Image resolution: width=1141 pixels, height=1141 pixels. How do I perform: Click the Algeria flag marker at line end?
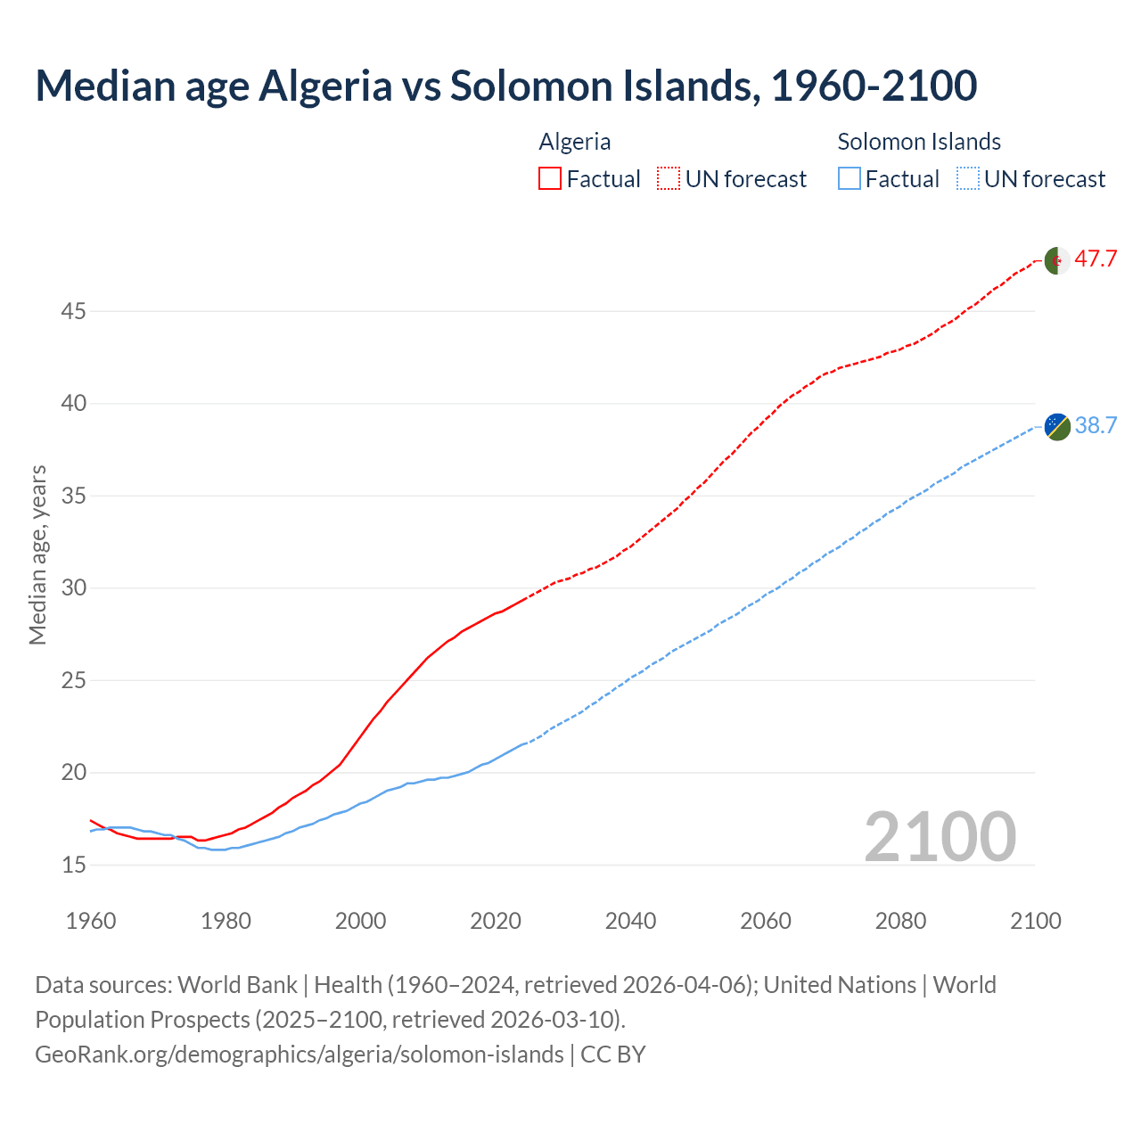(x=1056, y=261)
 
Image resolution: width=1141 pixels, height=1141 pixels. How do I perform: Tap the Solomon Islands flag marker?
(x=1056, y=426)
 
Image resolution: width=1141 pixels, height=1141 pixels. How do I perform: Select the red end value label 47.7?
(x=1096, y=259)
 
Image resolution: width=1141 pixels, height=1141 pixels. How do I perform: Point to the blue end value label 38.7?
(x=1096, y=425)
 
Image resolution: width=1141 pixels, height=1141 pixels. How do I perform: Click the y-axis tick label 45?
(x=73, y=311)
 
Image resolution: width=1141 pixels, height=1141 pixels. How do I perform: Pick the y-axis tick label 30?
(x=73, y=587)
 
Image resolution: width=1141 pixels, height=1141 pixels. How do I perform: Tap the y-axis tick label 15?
(x=73, y=865)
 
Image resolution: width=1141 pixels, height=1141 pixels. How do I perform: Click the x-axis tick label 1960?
(x=91, y=921)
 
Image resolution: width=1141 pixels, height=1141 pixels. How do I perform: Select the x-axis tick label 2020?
(x=496, y=921)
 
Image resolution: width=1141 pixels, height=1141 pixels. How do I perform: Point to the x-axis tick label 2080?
(x=900, y=921)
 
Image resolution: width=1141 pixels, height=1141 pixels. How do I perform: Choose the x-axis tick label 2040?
(x=630, y=921)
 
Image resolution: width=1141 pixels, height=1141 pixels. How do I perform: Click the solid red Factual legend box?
(x=550, y=179)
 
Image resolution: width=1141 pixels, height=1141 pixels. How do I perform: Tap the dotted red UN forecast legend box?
(x=669, y=179)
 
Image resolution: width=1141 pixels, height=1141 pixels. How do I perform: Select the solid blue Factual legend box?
(x=850, y=179)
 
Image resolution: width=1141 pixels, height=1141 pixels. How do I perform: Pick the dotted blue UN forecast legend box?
(x=967, y=179)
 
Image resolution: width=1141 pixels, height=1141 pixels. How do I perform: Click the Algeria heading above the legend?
(x=575, y=142)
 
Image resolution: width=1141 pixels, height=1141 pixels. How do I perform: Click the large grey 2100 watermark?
(x=940, y=836)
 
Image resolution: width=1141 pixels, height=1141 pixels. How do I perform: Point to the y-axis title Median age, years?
(x=37, y=554)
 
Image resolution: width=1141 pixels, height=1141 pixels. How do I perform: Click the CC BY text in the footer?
(x=613, y=1054)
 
